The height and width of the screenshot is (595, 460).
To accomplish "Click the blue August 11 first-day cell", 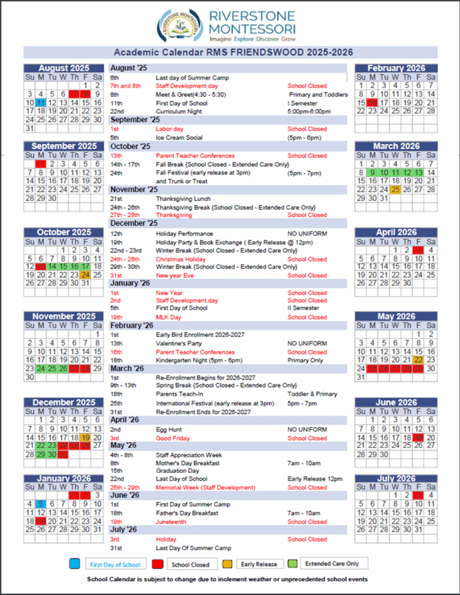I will coord(40,102).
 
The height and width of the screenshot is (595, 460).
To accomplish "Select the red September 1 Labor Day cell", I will coord(40,164).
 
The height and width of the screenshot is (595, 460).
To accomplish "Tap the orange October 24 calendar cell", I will coord(85,275).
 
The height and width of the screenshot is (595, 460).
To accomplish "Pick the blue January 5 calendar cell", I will coord(40,504).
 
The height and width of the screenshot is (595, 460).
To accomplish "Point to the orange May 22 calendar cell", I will coord(418,360).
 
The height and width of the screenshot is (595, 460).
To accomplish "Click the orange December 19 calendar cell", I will coord(85,437).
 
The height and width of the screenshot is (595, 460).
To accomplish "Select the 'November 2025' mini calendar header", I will coord(63,316).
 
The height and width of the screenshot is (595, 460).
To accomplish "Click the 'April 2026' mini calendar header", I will coord(396,232).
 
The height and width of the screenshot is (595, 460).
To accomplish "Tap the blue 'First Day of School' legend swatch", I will coord(75,564).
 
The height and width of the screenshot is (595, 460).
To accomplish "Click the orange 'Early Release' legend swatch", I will coord(228,564).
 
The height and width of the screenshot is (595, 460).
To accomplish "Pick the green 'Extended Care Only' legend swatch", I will coord(292,563).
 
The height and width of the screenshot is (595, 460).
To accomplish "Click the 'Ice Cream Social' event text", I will coord(179,138).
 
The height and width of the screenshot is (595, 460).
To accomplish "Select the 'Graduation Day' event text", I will coord(178,471).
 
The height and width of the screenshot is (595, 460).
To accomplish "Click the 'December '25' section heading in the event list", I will coord(132,224).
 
